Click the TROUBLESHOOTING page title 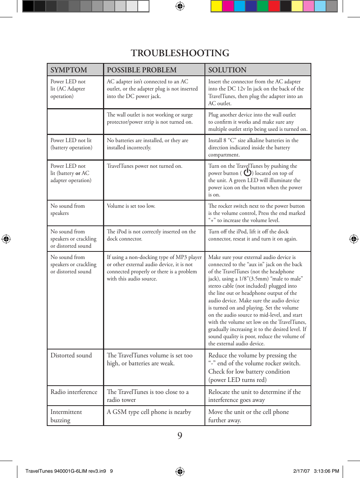click(180, 53)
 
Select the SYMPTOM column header click(69, 70)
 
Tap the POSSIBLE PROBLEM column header click(142, 70)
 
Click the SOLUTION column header click(227, 70)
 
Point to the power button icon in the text click(248, 173)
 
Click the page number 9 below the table click(180, 435)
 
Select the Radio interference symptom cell click(74, 392)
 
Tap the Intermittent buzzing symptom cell click(66, 416)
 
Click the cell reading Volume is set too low click(131, 206)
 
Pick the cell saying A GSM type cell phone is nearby click(149, 412)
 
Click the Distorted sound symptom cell click(71, 355)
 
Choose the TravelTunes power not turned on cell click(144, 166)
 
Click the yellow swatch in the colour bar click(216, 6)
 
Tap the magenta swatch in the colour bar click(228, 6)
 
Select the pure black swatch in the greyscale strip click(28, 6)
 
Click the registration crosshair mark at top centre click(180, 6)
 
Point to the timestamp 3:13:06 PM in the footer click(326, 471)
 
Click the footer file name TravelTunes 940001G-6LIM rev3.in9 click(66, 471)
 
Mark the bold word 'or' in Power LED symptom click(78, 173)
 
